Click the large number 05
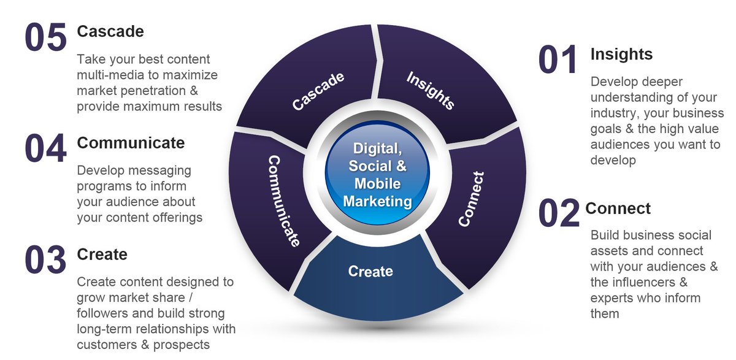[45, 38]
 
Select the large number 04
[45, 149]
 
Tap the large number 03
[45, 260]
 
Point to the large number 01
[558, 60]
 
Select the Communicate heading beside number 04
[131, 143]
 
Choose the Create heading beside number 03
[102, 254]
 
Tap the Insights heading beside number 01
[621, 54]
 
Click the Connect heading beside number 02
[618, 208]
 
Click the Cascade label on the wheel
[318, 91]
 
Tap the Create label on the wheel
[370, 270]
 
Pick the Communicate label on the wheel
[283, 201]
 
